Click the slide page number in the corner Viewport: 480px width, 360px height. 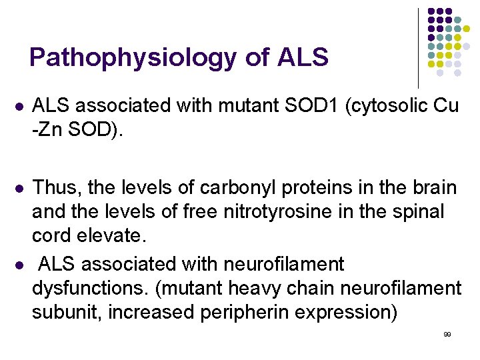[x=447, y=334]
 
